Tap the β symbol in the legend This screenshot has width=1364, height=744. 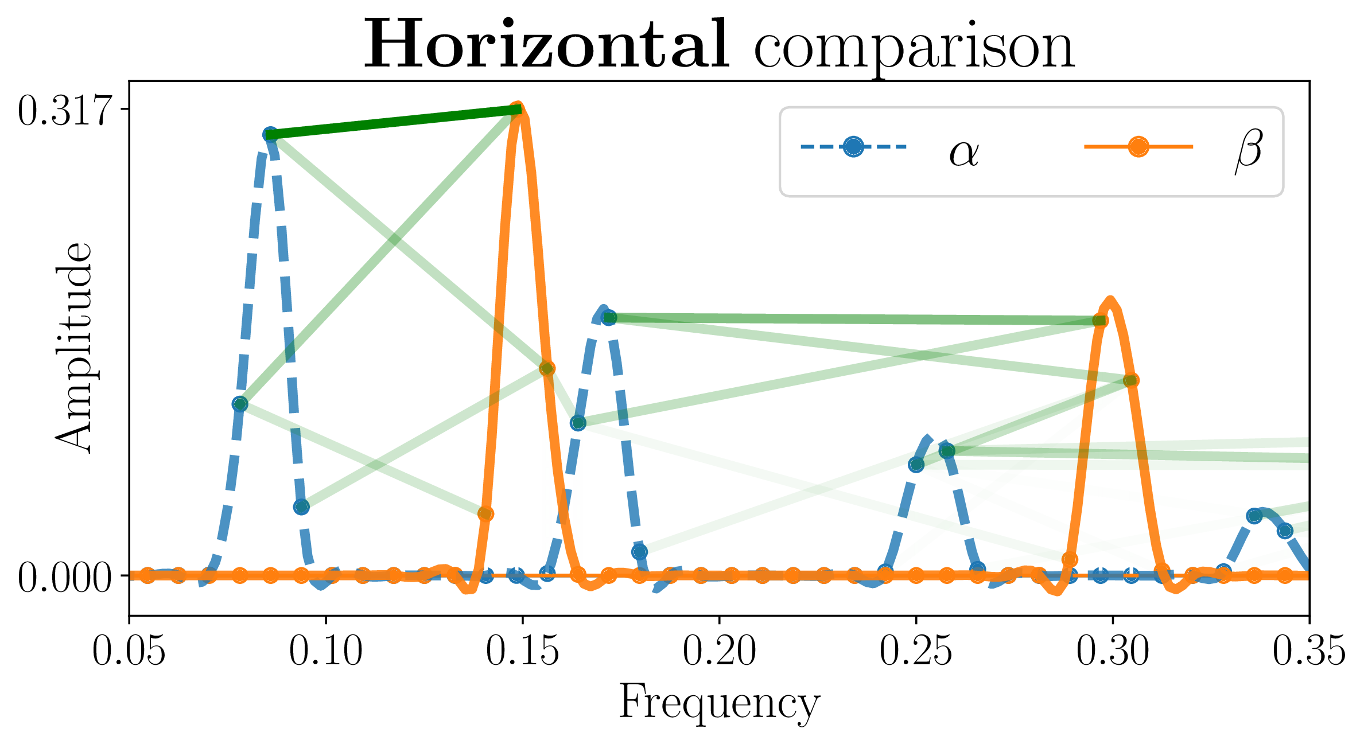pos(1249,150)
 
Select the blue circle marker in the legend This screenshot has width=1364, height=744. pos(853,147)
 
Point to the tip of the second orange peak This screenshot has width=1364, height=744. pos(1110,299)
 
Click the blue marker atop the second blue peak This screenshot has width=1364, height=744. pos(609,317)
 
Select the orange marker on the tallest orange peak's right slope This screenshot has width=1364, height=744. pos(547,368)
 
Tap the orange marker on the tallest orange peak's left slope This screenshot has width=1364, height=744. pos(485,513)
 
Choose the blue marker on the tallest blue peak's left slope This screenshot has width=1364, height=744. pos(240,404)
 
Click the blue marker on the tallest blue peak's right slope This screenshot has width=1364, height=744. pos(301,507)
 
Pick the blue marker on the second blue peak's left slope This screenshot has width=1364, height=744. pos(578,423)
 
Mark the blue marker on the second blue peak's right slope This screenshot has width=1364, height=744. pos(639,552)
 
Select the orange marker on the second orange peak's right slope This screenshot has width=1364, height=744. pos(1131,380)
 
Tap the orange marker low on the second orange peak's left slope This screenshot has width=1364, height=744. pos(1070,559)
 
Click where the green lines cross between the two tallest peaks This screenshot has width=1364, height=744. pos(394,239)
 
